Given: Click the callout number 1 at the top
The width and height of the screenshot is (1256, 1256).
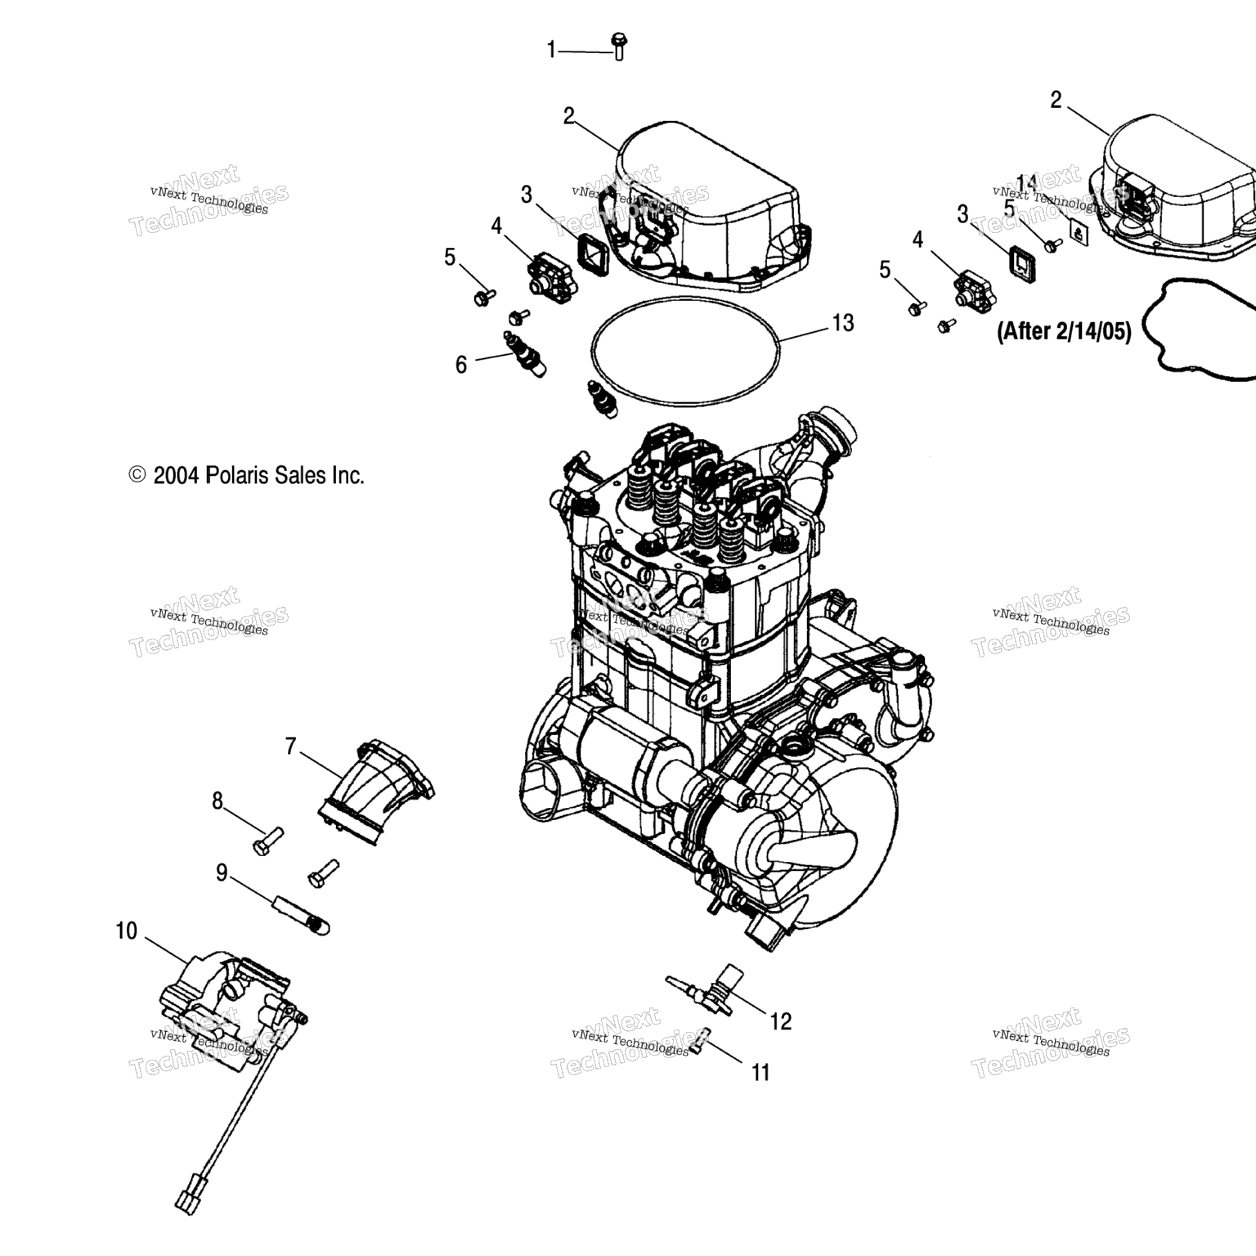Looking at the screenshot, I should (x=550, y=51).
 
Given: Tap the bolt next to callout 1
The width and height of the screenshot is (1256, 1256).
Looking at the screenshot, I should (x=618, y=46).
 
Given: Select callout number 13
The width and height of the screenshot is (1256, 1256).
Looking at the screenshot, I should (x=842, y=323).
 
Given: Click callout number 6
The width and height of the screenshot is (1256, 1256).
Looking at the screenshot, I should (x=461, y=365).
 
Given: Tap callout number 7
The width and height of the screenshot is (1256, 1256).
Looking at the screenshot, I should (x=290, y=746).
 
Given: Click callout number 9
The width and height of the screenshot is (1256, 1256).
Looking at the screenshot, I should (x=222, y=873).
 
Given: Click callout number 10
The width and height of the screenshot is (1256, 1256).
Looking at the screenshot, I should (x=126, y=931).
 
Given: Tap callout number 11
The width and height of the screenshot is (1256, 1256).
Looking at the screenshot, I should (x=760, y=1072).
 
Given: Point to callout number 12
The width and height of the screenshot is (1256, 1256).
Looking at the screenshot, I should (x=781, y=1021).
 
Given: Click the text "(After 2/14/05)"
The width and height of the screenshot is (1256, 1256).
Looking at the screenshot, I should (x=1064, y=331).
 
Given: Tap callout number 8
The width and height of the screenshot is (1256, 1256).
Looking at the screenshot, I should (x=218, y=801).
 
